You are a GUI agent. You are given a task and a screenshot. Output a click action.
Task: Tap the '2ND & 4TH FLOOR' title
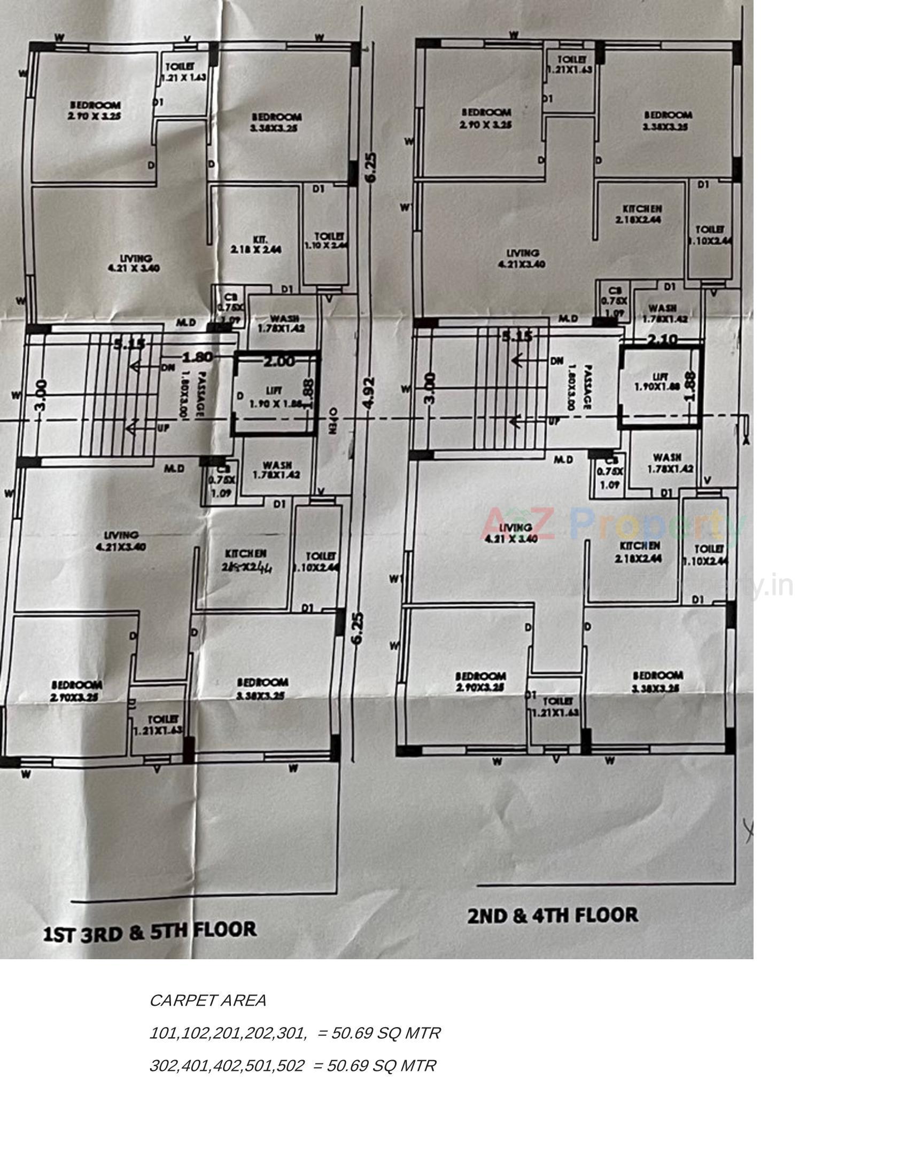pos(553,915)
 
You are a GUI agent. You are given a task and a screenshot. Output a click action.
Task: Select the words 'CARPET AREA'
pos(207,1001)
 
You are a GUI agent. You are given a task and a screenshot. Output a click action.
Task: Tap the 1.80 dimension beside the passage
pos(198,357)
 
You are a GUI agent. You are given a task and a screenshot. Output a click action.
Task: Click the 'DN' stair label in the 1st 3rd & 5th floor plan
pos(167,368)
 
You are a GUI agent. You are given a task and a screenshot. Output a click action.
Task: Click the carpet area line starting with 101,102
pos(294,1033)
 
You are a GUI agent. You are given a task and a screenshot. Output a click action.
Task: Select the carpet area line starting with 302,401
pos(292,1066)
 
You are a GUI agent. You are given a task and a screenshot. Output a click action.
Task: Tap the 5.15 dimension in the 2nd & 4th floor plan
pos(517,338)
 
